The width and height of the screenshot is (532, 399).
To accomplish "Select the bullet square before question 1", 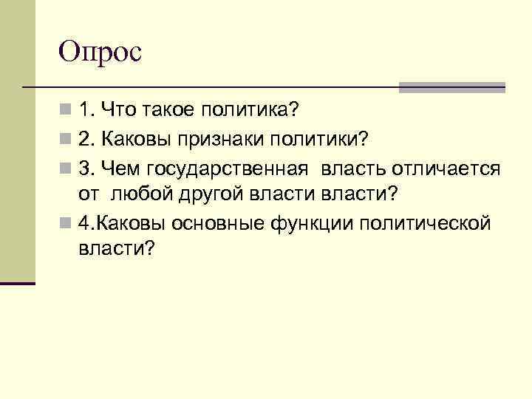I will click(67, 111).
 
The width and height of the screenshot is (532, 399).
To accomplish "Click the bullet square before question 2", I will click(67, 139).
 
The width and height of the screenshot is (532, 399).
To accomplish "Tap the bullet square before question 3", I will click(67, 168).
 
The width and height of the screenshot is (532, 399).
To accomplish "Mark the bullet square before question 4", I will click(67, 222).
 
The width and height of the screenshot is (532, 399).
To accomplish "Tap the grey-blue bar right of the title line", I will click(451, 87).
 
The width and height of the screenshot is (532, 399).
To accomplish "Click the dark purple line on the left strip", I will click(18, 283).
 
